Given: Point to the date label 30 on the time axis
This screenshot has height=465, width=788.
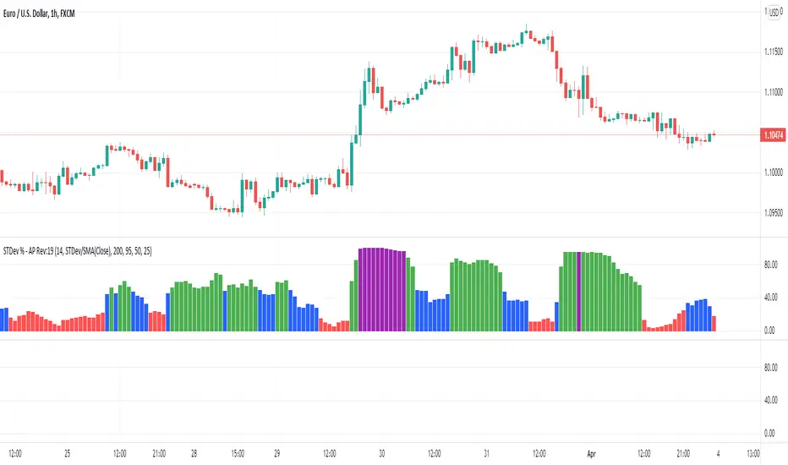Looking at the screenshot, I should [x=381, y=451].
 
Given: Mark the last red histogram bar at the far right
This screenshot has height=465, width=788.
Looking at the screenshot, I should [x=714, y=322].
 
